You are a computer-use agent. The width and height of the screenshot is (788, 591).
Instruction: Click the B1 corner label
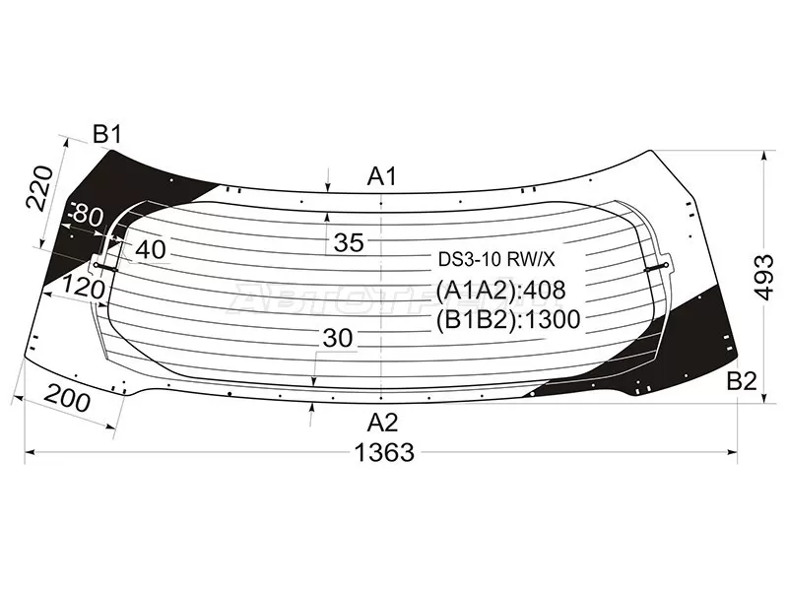click(107, 135)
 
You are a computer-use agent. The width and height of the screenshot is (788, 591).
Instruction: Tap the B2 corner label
click(742, 382)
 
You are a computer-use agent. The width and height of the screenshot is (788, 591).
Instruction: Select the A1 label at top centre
click(382, 176)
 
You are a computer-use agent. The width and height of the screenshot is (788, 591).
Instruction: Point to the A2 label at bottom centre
click(382, 423)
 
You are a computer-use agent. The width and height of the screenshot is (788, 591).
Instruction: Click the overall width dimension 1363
click(384, 452)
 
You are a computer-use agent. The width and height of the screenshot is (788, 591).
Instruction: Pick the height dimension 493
click(765, 277)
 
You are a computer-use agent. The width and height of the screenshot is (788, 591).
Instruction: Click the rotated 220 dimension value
click(39, 187)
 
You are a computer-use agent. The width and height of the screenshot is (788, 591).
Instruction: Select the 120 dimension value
click(84, 288)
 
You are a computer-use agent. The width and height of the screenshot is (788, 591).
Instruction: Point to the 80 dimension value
click(87, 216)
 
